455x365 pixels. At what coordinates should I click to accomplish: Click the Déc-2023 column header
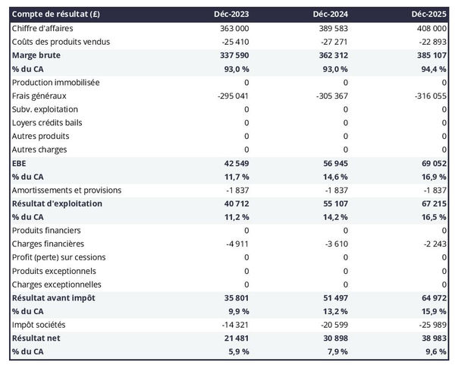click(231, 14)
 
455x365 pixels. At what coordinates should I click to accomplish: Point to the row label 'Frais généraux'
click(39, 96)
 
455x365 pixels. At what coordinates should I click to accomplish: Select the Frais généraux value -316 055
click(429, 96)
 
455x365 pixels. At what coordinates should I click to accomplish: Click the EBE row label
click(20, 163)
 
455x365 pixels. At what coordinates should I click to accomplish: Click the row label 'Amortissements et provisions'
click(67, 190)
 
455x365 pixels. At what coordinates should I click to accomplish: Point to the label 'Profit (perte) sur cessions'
click(59, 257)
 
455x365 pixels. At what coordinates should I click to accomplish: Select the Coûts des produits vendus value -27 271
click(331, 42)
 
